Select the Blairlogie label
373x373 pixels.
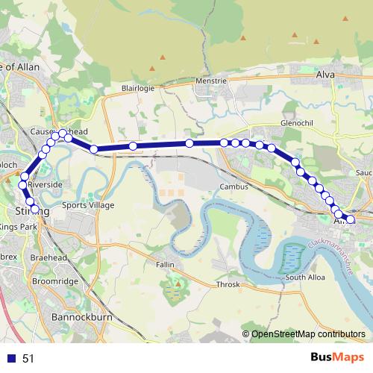[x=137, y=87]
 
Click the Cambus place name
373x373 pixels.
[x=232, y=186]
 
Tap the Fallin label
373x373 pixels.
[x=166, y=264]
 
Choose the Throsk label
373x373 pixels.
[x=228, y=284]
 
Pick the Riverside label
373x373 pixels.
[x=46, y=184]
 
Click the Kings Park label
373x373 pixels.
[x=18, y=226]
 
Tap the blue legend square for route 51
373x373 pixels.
[x=11, y=359]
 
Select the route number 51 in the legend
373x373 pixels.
[x=28, y=359]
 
